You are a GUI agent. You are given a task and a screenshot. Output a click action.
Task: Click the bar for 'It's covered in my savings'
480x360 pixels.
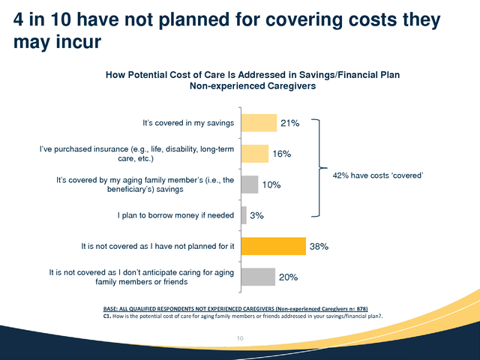(259, 123)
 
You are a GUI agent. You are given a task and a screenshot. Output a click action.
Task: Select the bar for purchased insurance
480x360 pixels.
(255, 154)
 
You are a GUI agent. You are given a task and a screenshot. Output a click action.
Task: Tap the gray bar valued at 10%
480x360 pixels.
(250, 184)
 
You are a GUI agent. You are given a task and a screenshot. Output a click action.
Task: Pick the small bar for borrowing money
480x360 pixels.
(244, 215)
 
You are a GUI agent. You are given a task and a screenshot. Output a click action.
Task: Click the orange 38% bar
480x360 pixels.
(273, 246)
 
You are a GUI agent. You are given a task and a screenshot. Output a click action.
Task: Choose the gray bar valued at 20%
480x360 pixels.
(258, 277)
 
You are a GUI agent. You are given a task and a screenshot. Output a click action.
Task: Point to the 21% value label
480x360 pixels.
(290, 123)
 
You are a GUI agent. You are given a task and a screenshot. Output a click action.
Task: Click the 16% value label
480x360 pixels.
(281, 154)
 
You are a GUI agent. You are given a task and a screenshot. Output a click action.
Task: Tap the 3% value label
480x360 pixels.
(256, 216)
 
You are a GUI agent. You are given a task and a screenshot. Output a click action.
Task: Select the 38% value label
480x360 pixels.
(319, 246)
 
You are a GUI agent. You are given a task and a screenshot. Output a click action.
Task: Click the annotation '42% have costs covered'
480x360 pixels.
(378, 175)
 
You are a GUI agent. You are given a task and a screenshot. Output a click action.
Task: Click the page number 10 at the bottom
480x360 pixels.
(240, 339)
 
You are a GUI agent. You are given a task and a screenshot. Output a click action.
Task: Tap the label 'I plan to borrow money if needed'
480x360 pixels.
(177, 215)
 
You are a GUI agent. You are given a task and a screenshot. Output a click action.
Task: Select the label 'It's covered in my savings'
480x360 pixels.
(188, 123)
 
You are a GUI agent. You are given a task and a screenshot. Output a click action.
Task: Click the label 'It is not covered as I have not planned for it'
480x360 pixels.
(157, 246)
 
